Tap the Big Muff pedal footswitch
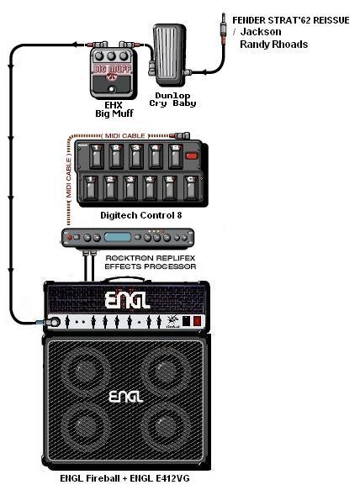point(111,90)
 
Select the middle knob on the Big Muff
point(111,56)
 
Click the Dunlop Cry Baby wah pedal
point(169,55)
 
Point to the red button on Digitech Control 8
point(192,156)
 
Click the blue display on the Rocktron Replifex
point(118,237)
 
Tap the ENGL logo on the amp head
point(127,300)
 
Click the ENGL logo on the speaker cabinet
point(125,397)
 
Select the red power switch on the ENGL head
point(197,321)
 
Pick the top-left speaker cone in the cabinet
point(85,369)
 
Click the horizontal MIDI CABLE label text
point(124,135)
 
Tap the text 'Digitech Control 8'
point(140,215)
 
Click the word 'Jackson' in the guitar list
point(261,32)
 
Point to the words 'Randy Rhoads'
point(273,44)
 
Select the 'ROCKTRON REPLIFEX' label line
point(150,258)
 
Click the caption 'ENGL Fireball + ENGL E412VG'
point(124,478)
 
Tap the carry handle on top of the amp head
point(124,279)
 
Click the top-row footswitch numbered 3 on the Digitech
point(136,156)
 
